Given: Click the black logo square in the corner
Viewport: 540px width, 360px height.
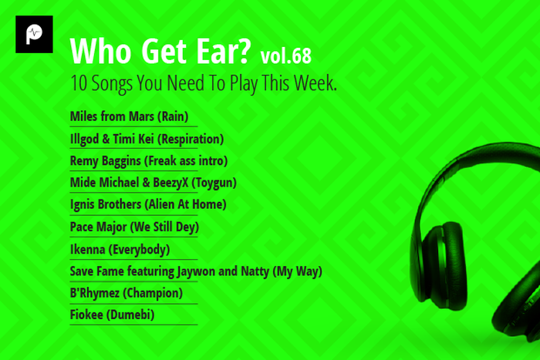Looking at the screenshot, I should pos(34,35).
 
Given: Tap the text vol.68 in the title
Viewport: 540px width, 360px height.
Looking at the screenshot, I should pos(286,56).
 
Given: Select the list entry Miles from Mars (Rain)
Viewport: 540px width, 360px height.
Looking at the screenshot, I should pos(129,117).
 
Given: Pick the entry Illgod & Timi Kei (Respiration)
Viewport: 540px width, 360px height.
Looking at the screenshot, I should pos(147,140).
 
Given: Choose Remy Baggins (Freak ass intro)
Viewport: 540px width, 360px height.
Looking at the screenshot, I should pos(149,161).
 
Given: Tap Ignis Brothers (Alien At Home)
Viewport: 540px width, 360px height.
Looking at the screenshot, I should pos(147,204).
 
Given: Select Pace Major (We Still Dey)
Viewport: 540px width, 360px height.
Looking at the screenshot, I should pos(134,227).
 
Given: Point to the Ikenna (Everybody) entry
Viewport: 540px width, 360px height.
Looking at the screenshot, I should pos(120,249).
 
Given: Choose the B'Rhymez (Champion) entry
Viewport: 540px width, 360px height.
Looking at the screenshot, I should pos(126,293).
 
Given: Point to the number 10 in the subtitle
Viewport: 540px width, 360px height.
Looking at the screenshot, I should pos(78,84).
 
